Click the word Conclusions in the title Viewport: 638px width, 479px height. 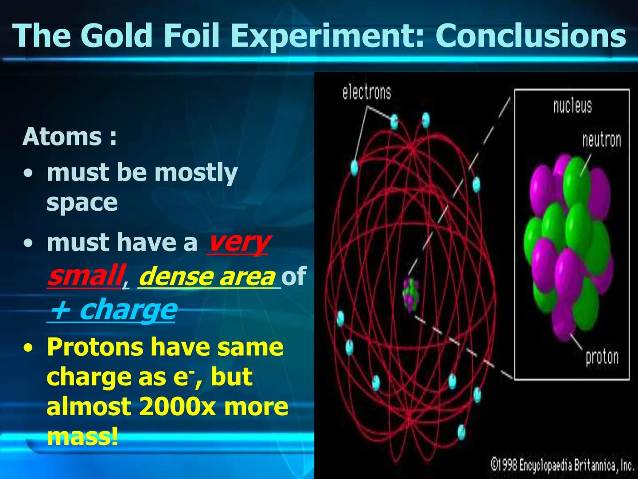530,35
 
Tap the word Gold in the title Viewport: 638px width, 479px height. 117,35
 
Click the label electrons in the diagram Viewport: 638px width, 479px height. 366,92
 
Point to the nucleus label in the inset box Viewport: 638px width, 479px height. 572,106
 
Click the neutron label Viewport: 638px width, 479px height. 601,140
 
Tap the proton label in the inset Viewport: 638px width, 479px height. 602,357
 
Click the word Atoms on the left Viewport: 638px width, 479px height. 62,136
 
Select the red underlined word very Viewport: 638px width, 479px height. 238,243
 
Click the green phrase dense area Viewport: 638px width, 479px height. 207,277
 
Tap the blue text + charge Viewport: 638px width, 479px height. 113,310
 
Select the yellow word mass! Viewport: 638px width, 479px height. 82,436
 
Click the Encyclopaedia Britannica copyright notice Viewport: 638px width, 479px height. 562,465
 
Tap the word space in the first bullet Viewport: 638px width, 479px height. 82,203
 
